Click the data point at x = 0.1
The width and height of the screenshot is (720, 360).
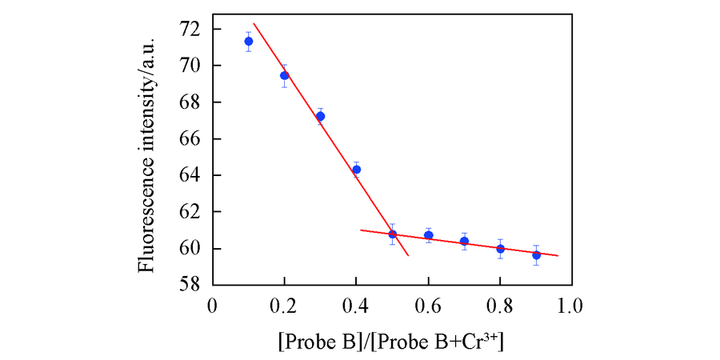pos(248,41)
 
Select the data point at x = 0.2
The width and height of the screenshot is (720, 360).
pos(284,75)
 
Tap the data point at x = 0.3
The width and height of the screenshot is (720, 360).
pos(320,116)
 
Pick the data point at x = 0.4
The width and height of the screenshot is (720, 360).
pos(356,169)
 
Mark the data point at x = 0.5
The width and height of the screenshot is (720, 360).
pos(392,234)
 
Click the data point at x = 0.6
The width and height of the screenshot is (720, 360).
pos(428,235)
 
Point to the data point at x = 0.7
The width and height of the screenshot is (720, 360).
pos(464,241)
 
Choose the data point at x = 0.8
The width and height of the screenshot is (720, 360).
pos(500,248)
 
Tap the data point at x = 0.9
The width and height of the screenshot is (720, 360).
pos(536,254)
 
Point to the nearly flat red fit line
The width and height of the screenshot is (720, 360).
pos(480,242)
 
